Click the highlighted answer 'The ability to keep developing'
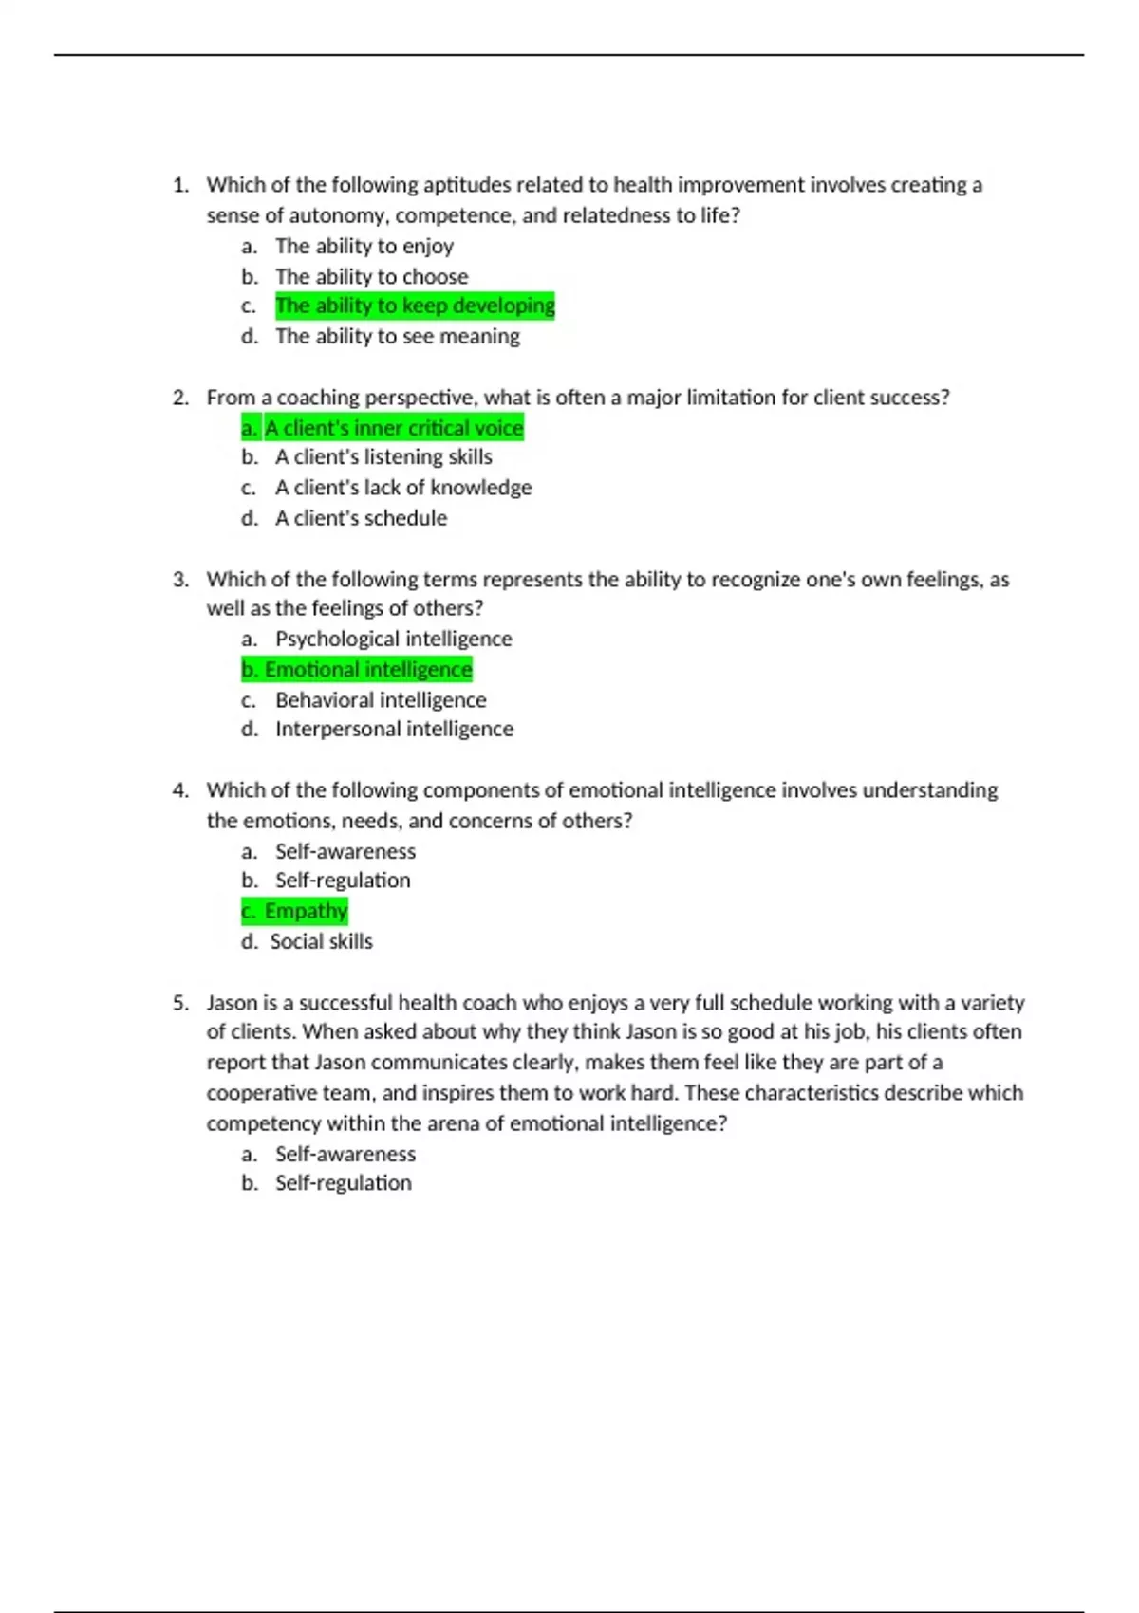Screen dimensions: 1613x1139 (415, 306)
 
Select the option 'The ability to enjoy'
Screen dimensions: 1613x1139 (364, 246)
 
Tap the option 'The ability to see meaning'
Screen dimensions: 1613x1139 (398, 336)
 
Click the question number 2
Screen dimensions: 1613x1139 (180, 398)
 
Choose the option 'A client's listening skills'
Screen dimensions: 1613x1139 (383, 456)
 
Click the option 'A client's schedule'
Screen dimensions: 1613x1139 (361, 518)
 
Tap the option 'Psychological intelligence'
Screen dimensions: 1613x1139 (393, 639)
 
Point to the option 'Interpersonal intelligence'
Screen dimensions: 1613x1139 (394, 729)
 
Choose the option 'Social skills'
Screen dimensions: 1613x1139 (321, 941)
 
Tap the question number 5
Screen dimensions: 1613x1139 (180, 1003)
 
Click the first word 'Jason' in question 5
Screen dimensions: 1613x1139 (232, 1003)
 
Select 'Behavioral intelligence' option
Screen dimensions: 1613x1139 (381, 699)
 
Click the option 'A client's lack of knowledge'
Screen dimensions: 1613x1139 (403, 488)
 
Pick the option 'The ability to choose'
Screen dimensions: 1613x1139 (372, 276)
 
